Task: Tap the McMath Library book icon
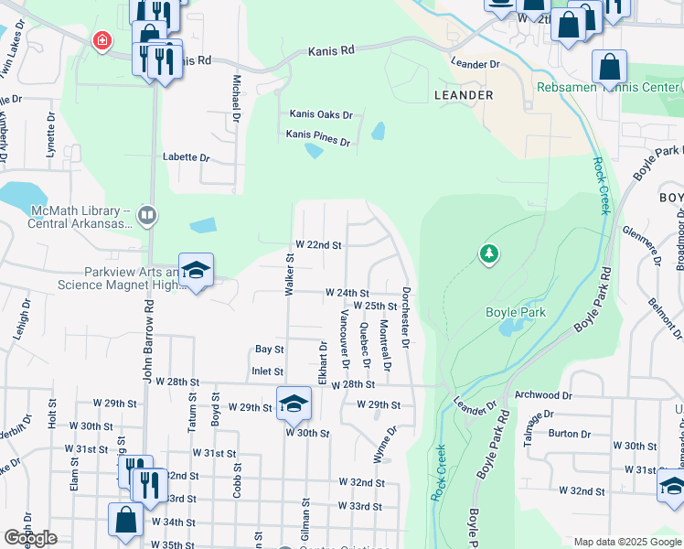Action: [x=147, y=216]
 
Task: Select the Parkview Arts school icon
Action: [x=196, y=270]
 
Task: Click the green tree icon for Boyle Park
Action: [x=489, y=253]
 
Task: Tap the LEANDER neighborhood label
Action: [x=464, y=95]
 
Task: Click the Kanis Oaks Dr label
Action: [x=321, y=114]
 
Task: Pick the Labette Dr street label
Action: [x=187, y=157]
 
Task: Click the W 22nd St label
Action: [x=317, y=245]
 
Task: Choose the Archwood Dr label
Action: [x=543, y=396]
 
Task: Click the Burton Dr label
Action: [x=563, y=434]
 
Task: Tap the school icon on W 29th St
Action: [x=294, y=403]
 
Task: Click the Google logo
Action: [x=30, y=538]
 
